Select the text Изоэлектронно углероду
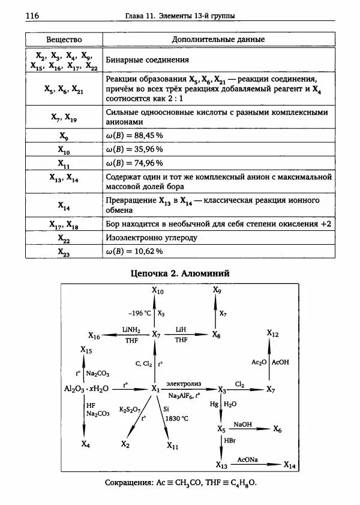(151, 238)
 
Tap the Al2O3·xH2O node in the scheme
(86, 389)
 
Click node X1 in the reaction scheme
(155, 389)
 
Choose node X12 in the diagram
(272, 333)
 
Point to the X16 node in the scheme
(94, 335)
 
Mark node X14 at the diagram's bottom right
(289, 465)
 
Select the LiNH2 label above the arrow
(132, 329)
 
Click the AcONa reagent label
(247, 459)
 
